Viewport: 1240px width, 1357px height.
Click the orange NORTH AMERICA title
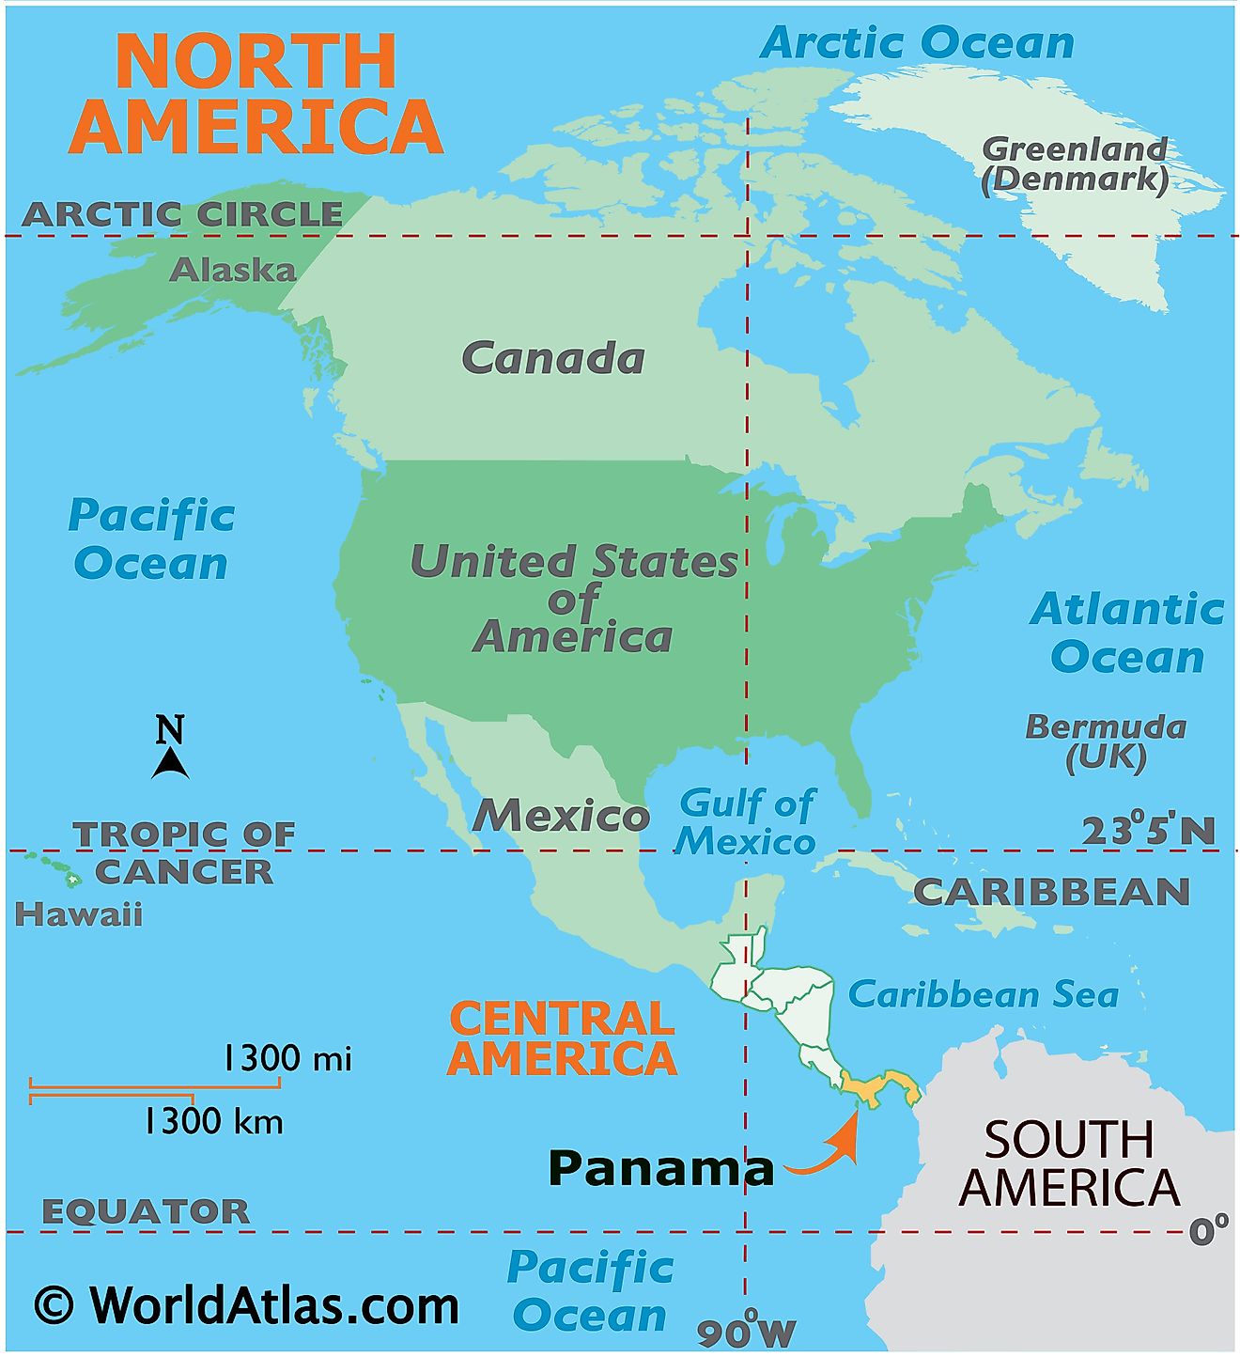tap(256, 93)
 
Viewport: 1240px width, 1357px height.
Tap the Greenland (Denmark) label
tap(1075, 164)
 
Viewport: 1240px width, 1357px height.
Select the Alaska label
tap(232, 271)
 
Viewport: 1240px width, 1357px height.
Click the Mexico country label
tap(561, 815)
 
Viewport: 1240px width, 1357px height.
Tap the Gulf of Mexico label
tap(747, 822)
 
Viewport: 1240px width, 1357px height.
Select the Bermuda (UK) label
tap(1106, 741)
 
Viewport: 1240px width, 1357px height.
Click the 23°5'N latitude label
tap(1148, 831)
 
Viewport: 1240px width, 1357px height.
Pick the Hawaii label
tap(79, 914)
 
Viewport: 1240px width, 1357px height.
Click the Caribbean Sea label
tap(983, 994)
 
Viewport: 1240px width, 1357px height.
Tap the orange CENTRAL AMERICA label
tap(562, 1038)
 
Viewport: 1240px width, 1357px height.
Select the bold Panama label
tap(660, 1168)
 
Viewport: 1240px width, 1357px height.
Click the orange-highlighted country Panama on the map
tap(878, 1088)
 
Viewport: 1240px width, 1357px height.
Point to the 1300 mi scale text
tap(287, 1059)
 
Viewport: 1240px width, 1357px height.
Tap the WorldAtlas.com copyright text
tap(246, 1305)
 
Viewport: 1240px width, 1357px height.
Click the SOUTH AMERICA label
tap(1069, 1163)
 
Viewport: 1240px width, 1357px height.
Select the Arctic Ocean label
tap(917, 43)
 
